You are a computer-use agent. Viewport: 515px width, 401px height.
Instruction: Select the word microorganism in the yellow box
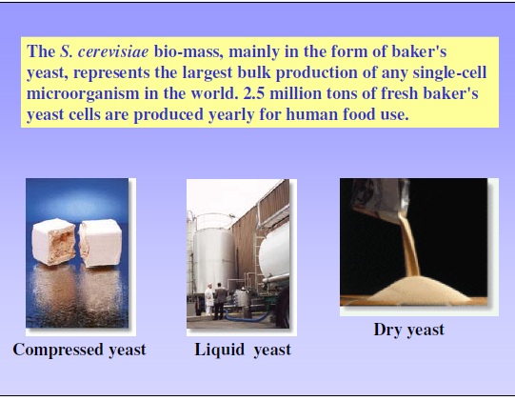83,94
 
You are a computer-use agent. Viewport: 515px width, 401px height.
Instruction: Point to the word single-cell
449,72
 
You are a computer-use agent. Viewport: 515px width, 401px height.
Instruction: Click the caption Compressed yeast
79,350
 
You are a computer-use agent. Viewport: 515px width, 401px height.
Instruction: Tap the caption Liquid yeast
243,350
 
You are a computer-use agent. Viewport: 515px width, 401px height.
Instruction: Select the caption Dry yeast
409,330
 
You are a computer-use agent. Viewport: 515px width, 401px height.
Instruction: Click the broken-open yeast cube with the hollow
54,242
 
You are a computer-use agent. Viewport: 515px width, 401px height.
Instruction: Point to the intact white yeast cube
100,243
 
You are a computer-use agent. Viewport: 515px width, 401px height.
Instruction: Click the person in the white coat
208,299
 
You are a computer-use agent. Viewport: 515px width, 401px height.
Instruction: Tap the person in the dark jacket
220,301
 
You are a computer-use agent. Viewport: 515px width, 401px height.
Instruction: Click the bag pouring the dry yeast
381,199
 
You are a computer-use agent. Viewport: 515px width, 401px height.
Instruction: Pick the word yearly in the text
231,114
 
